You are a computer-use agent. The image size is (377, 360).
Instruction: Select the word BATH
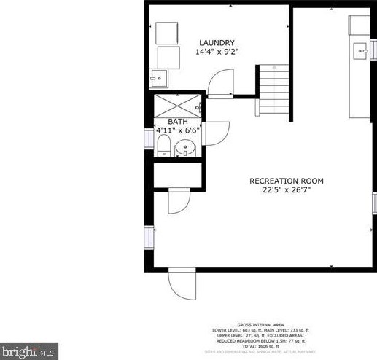coord(178,122)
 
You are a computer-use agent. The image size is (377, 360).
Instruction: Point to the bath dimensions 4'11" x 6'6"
coord(178,131)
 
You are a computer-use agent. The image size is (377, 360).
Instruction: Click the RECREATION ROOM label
coord(287,181)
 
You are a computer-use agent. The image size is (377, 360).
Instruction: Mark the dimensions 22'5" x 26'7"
coord(287,191)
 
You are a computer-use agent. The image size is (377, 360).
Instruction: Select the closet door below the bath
coord(179,201)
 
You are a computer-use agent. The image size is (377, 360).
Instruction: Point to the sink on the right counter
coord(361,50)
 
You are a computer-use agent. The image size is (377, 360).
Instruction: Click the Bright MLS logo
coord(28,351)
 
